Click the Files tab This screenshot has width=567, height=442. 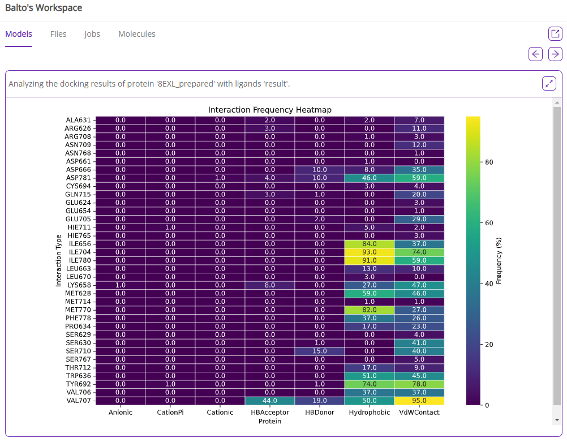(x=58, y=34)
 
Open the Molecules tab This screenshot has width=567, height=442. (x=136, y=34)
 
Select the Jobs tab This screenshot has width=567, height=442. (x=92, y=34)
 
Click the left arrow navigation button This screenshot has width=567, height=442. (x=535, y=54)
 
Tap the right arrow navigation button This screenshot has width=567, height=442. (x=555, y=54)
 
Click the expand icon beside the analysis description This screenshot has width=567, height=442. (x=549, y=84)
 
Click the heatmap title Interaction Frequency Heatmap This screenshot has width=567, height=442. (x=269, y=110)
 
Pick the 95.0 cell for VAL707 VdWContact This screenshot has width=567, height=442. (x=419, y=401)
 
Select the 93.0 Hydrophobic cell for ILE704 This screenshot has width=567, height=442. (x=370, y=252)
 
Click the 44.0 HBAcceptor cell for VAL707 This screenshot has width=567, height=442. (x=270, y=401)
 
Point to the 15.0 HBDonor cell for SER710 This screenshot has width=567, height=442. (x=320, y=351)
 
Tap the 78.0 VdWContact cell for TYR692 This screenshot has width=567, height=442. (x=419, y=384)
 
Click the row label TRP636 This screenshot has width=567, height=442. (x=79, y=376)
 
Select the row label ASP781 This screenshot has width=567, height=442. (x=79, y=178)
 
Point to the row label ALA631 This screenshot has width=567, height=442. (x=79, y=120)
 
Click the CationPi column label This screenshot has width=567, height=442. (x=170, y=413)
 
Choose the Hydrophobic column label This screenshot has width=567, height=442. (x=370, y=413)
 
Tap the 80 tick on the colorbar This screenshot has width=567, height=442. (x=489, y=162)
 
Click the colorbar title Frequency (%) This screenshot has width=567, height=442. (x=499, y=261)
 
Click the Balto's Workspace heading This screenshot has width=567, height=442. (x=44, y=8)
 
